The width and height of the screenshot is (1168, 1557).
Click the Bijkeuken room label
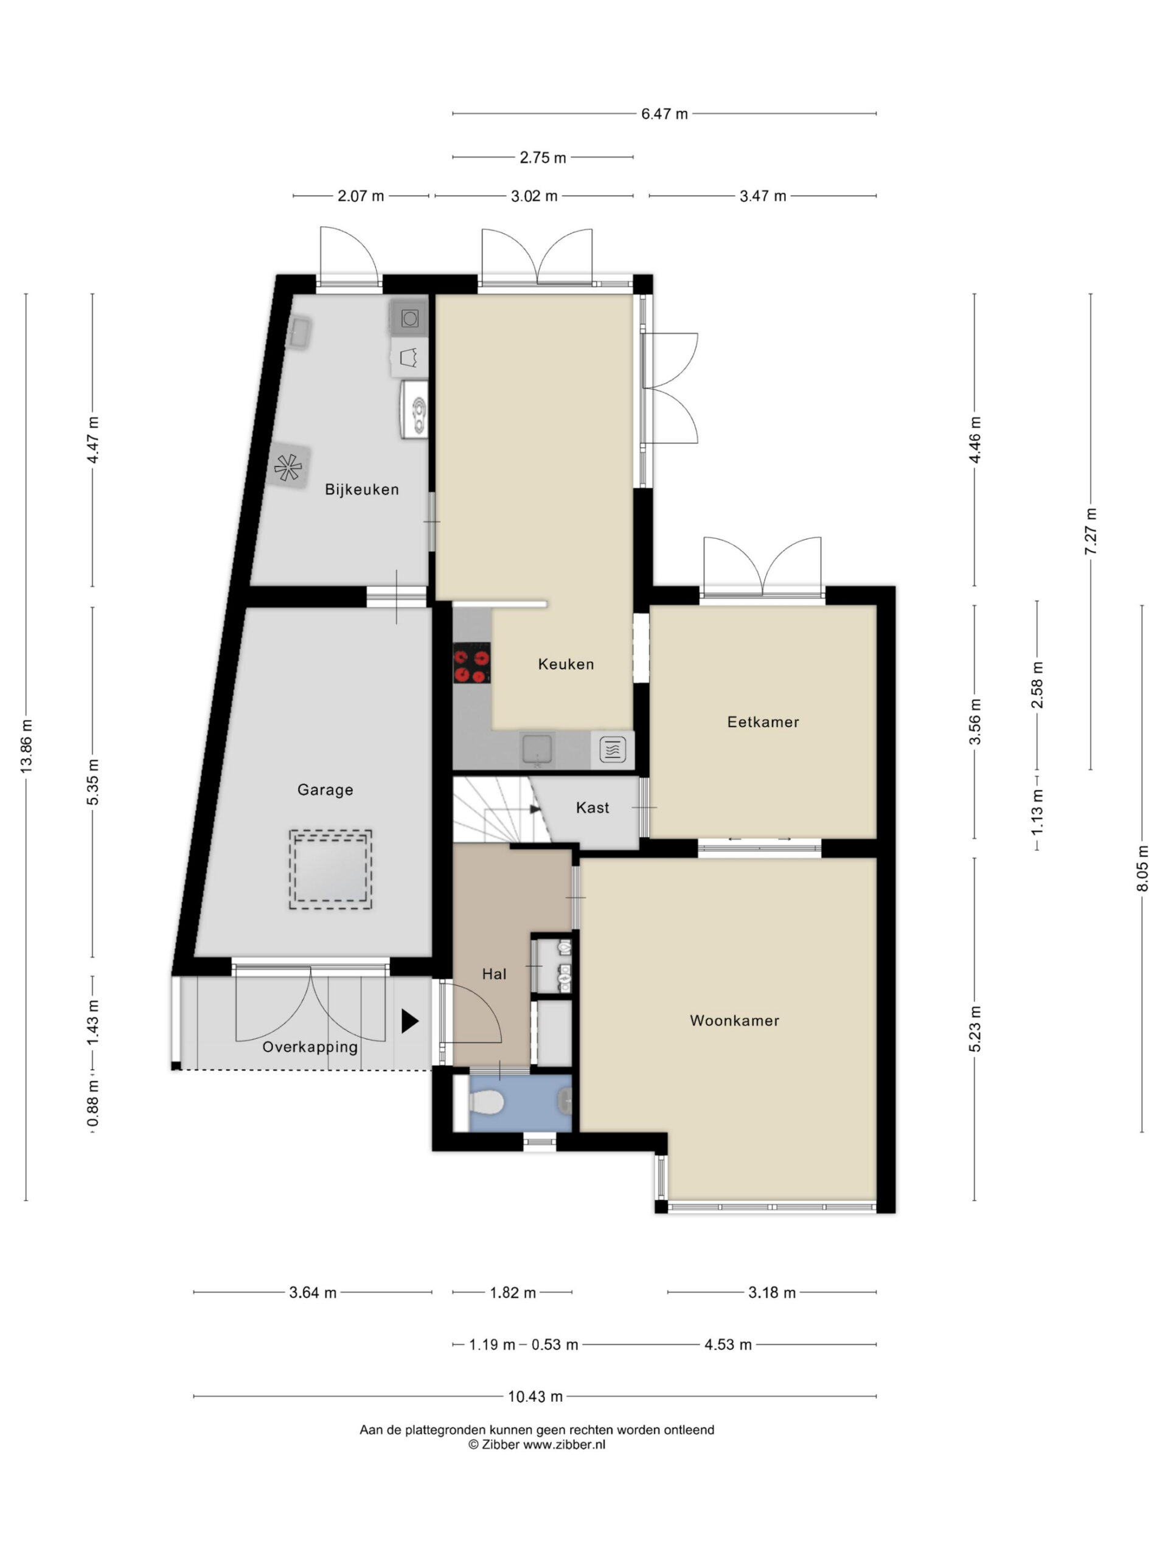pos(361,489)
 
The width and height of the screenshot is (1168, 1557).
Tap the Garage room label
pos(325,790)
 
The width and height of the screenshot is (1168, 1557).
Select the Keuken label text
pos(565,664)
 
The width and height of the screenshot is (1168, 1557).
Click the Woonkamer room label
pos(734,1021)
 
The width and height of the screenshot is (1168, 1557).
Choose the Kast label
pos(592,807)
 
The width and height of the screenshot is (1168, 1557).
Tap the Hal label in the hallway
pos(494,974)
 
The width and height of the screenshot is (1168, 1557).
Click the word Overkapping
pos(310,1047)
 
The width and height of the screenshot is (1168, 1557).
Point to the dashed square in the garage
pos(330,869)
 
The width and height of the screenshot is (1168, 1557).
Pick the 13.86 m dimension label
pos(27,746)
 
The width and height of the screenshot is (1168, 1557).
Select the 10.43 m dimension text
pos(535,1396)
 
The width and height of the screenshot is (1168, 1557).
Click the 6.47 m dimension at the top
pos(664,114)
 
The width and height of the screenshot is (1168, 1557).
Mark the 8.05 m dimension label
pos(1142,868)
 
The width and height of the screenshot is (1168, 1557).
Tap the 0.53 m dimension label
pos(555,1344)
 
